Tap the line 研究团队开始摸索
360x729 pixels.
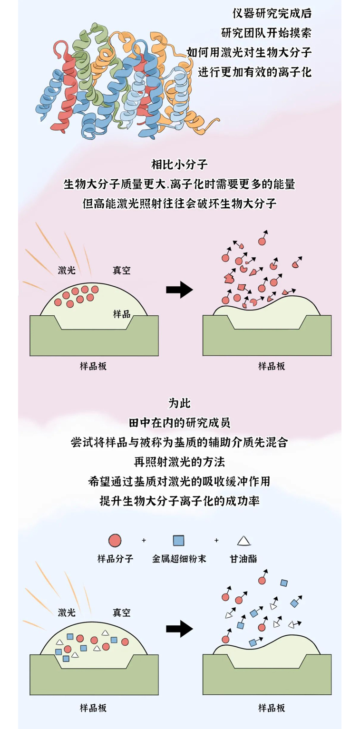[x=266, y=33]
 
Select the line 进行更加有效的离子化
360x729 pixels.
[x=254, y=72]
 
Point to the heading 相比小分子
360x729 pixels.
[x=179, y=165]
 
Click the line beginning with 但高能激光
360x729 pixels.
[x=179, y=203]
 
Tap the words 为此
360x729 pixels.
[x=179, y=403]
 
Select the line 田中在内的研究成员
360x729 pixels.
[x=179, y=423]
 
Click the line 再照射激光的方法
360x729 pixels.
[x=179, y=461]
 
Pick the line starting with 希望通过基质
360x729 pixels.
[x=179, y=481]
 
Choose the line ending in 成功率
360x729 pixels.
[x=179, y=500]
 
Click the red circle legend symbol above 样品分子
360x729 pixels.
[x=115, y=541]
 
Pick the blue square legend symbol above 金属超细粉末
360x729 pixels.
[x=178, y=541]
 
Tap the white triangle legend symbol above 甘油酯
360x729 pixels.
[x=243, y=541]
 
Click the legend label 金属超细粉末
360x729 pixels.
[x=179, y=559]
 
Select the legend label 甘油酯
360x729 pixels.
[x=243, y=559]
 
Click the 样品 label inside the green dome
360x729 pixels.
[x=122, y=314]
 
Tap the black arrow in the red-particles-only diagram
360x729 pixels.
[x=179, y=290]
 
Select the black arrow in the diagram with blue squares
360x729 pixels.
[x=179, y=629]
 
